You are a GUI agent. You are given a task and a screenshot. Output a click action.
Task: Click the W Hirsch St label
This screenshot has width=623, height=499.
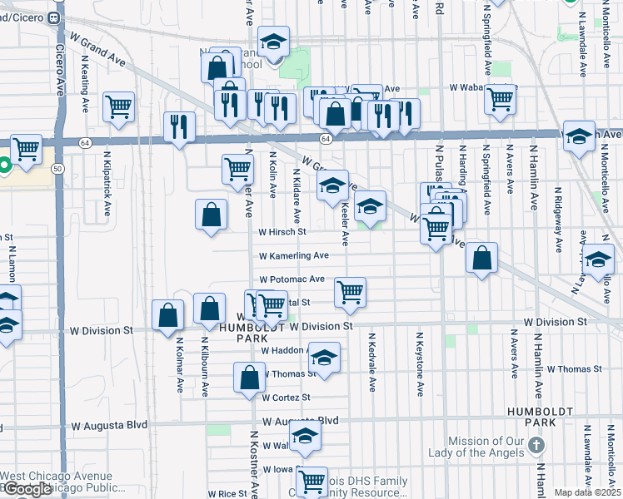tap(283, 233)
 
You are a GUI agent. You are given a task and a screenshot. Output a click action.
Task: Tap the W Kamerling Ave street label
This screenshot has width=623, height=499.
tap(293, 256)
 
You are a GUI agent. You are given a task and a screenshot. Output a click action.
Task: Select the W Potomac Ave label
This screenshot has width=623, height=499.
tap(292, 280)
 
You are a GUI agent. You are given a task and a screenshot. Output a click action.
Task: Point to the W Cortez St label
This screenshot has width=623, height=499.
tap(286, 398)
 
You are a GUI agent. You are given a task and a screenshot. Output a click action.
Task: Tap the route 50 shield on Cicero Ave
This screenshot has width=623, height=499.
tap(57, 168)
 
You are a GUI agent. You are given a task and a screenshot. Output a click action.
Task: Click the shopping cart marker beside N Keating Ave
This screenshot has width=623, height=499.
tap(119, 106)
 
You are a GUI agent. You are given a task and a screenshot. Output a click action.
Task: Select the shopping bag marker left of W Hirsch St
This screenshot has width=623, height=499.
tap(212, 214)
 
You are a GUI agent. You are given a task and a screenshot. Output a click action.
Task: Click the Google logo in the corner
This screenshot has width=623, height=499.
tap(27, 490)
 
